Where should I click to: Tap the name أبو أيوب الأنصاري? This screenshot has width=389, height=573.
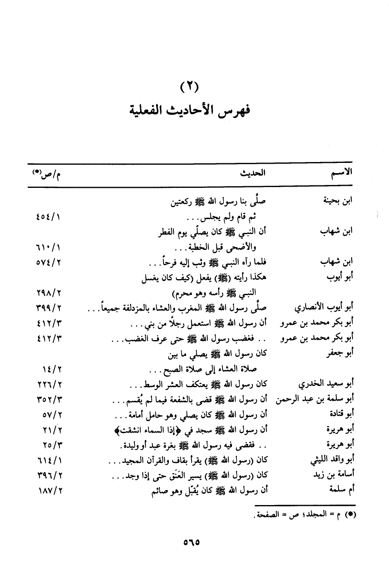(324, 307)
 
